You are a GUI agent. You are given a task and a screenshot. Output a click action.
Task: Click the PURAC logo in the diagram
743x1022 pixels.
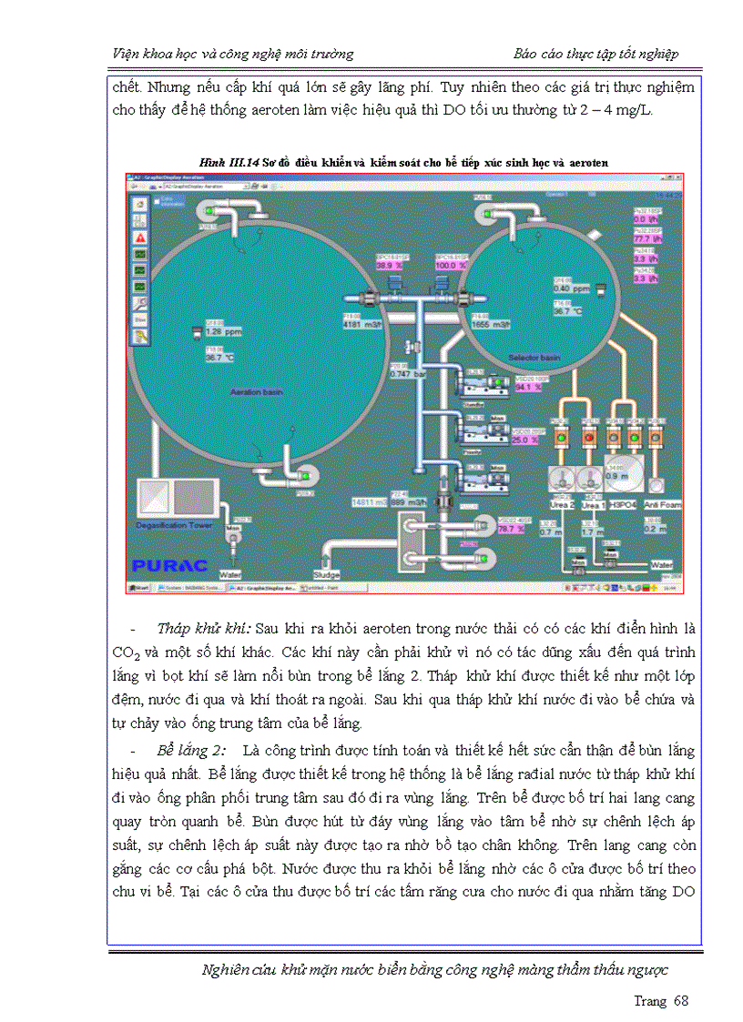pyautogui.click(x=169, y=564)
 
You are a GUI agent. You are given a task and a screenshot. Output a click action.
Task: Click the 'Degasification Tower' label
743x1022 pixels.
pyautogui.click(x=174, y=525)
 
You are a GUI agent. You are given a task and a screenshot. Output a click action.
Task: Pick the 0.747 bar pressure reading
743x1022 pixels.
pyautogui.click(x=408, y=373)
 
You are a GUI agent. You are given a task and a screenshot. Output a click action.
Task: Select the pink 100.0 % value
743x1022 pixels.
pyautogui.click(x=451, y=265)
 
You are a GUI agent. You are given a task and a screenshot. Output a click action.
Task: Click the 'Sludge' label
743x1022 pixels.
pyautogui.click(x=326, y=574)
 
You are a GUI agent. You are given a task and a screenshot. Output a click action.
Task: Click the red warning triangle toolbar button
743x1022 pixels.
pyautogui.click(x=141, y=236)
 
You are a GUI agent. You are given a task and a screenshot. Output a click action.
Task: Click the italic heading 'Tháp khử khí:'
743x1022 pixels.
pyautogui.click(x=205, y=628)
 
